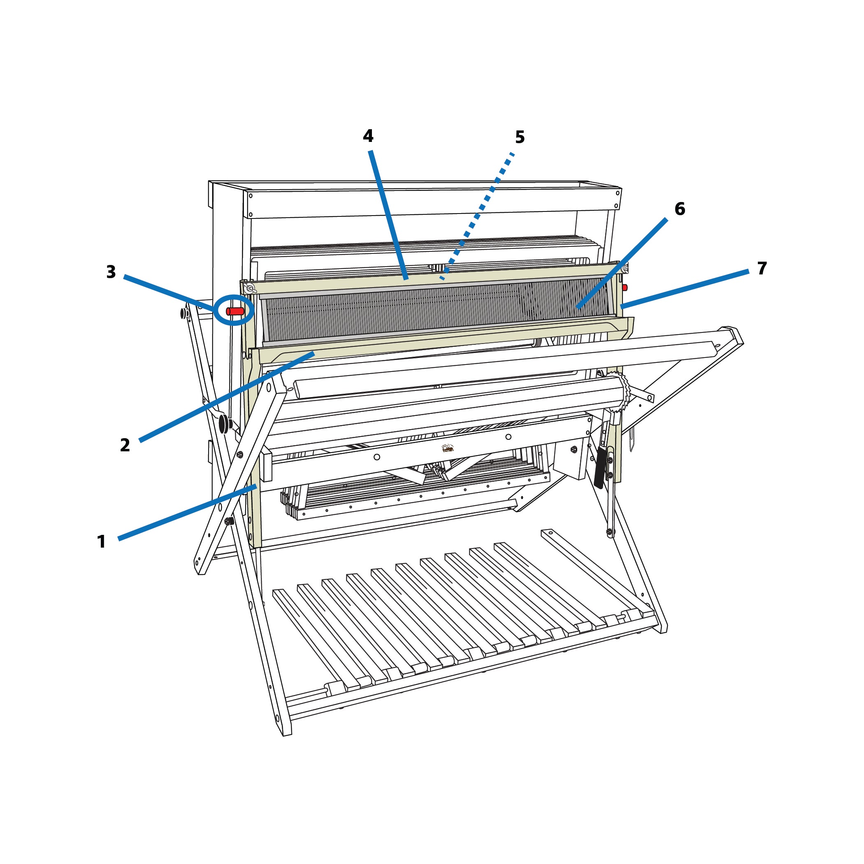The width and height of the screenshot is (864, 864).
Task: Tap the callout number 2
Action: tap(125, 445)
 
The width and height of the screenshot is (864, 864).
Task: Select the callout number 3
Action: tap(111, 272)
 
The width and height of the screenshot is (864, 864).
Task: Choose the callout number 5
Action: tap(520, 137)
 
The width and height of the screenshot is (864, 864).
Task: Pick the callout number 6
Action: tap(680, 209)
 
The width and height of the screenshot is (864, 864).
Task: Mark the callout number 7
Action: tap(762, 268)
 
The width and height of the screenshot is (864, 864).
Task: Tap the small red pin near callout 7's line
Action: tap(625, 288)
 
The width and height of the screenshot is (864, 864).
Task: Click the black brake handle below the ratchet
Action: tap(600, 468)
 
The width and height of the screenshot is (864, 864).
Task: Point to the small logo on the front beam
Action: tap(448, 448)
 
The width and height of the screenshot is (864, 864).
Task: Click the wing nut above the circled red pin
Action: tap(250, 289)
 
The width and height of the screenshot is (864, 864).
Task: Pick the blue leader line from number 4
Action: tap(388, 215)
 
